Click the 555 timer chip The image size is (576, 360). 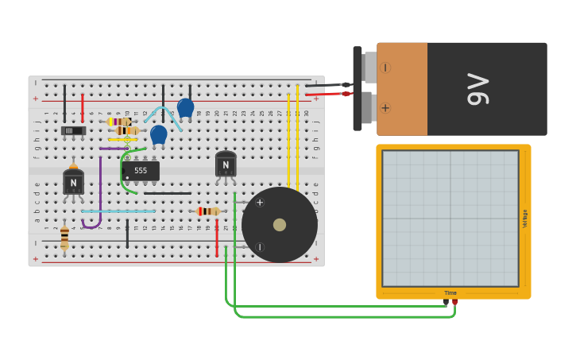[x=141, y=171]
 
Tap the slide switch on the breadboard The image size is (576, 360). [x=73, y=130]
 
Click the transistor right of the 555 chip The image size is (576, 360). [x=226, y=165]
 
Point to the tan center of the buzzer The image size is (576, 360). [x=280, y=225]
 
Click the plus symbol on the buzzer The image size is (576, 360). [x=260, y=203]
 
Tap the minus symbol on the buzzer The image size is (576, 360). [x=260, y=247]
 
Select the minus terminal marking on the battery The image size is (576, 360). [x=385, y=68]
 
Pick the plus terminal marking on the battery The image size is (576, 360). [x=385, y=108]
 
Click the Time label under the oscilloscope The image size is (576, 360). [x=450, y=292]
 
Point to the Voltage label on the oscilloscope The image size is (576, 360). [x=524, y=219]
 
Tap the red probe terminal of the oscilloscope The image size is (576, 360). [x=455, y=302]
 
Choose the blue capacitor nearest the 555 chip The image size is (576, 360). [x=159, y=134]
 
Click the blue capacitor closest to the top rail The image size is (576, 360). [x=185, y=107]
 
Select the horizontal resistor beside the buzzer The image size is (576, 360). [x=208, y=211]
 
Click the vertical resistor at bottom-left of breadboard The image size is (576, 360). [x=64, y=237]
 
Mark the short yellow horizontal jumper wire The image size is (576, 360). [x=122, y=140]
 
